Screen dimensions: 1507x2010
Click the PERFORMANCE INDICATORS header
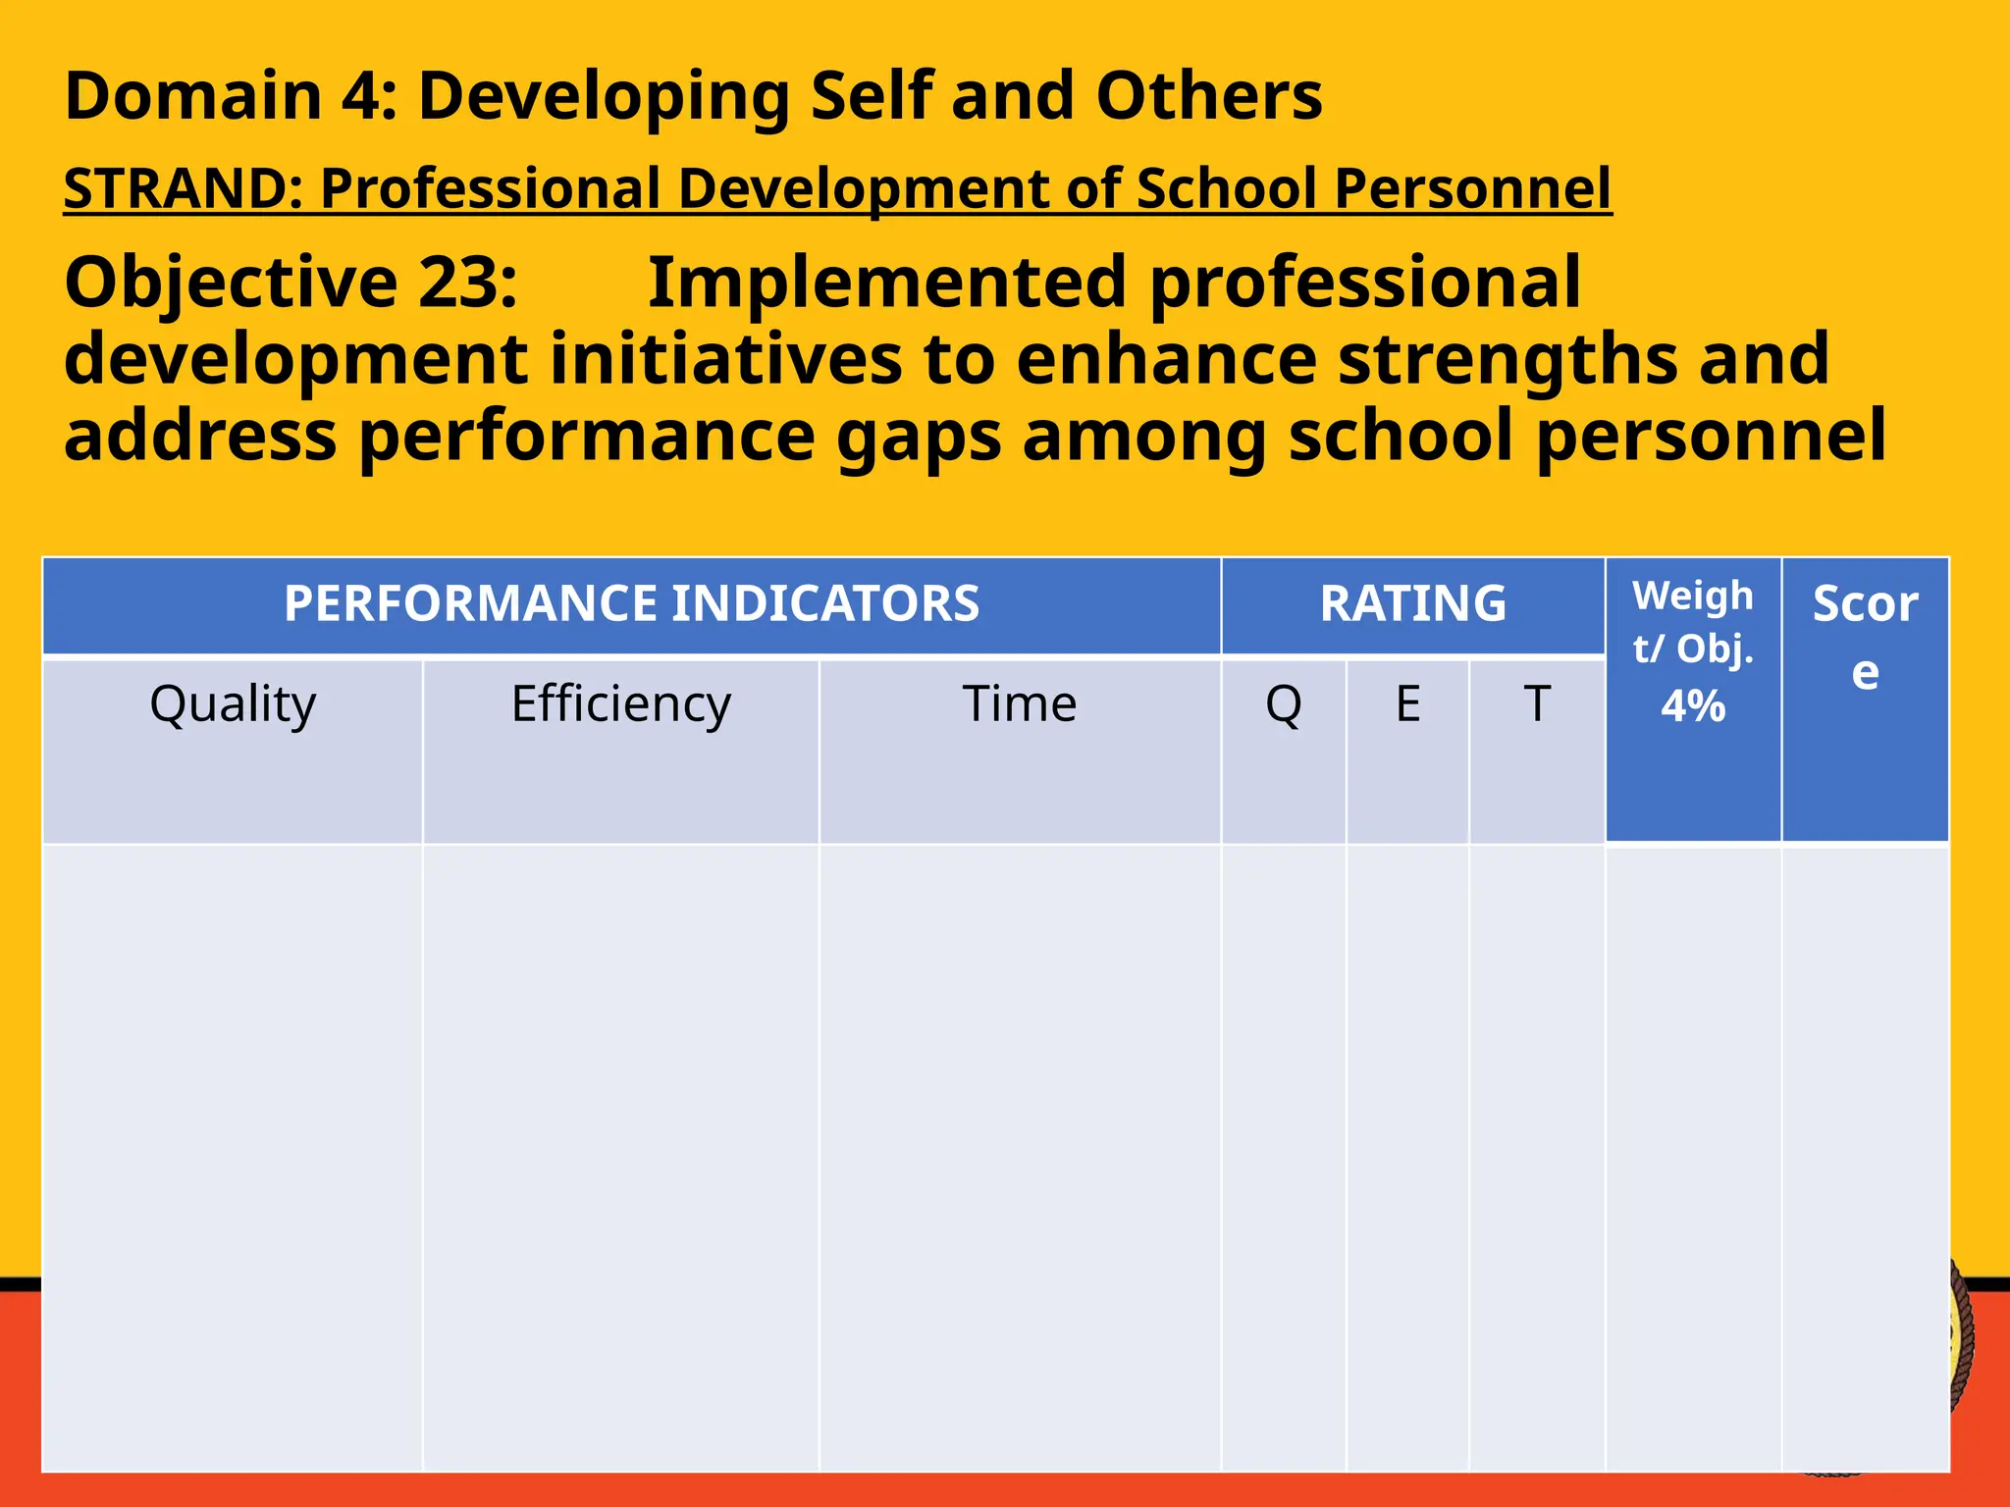(631, 603)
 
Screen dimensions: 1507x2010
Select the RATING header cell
(1412, 603)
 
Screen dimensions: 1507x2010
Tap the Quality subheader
(233, 703)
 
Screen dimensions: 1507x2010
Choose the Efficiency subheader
(620, 703)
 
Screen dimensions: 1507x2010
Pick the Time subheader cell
(1019, 703)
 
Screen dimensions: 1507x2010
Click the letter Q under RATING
(1283, 703)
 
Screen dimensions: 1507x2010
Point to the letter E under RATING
(1407, 703)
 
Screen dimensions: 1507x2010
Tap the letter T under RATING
(1536, 703)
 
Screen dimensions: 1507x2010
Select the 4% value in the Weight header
(1692, 706)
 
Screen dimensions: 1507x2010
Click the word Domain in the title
(193, 96)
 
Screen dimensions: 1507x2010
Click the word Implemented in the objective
(886, 283)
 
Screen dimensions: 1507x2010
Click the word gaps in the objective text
(919, 438)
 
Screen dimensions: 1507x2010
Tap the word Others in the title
(1208, 96)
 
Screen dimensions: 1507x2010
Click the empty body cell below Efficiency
(620, 1158)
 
